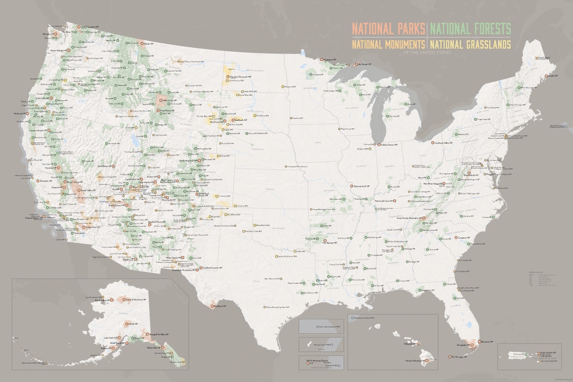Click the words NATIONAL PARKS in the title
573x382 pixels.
(388, 28)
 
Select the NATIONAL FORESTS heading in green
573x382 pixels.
(470, 28)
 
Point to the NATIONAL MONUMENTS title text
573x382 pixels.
(388, 44)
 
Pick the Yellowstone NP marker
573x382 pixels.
(160, 100)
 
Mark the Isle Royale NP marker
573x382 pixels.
(354, 64)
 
